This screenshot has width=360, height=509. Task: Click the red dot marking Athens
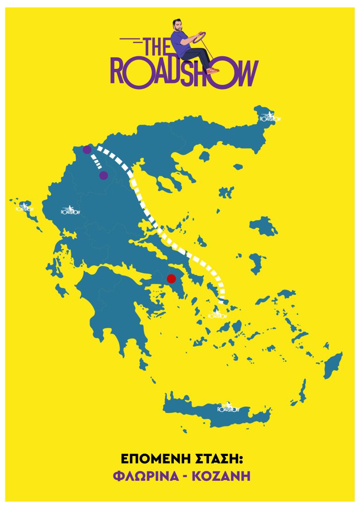[171, 278]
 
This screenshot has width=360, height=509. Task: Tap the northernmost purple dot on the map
[87, 150]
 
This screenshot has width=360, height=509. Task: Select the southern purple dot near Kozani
[104, 175]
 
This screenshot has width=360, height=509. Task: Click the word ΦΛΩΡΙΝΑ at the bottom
[149, 476]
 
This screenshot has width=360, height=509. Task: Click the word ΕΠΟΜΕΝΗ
[149, 457]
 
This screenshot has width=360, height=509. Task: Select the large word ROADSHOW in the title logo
[184, 75]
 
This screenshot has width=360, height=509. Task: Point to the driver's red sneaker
[213, 70]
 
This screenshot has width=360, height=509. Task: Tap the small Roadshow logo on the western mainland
[68, 210]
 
